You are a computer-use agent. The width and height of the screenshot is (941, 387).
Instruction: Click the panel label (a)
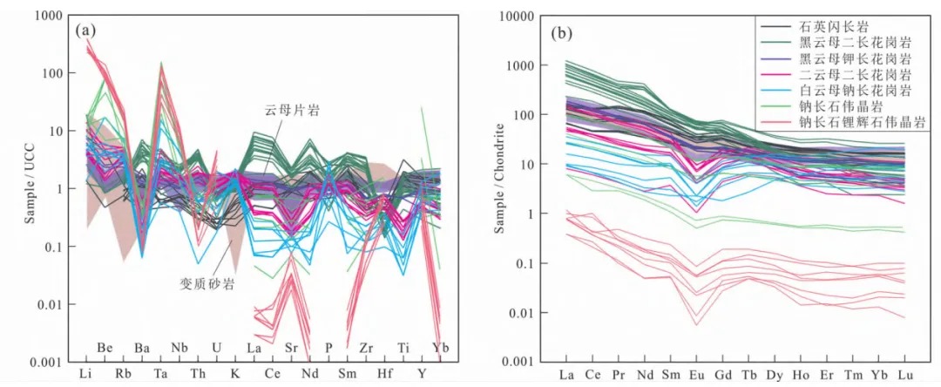(84, 31)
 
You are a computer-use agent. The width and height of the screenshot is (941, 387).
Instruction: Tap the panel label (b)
(561, 34)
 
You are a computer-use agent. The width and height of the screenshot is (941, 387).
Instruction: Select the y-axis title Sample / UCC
(30, 189)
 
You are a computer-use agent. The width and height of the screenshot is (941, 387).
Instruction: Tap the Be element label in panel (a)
(105, 348)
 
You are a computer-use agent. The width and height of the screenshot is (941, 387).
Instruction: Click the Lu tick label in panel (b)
(904, 375)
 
